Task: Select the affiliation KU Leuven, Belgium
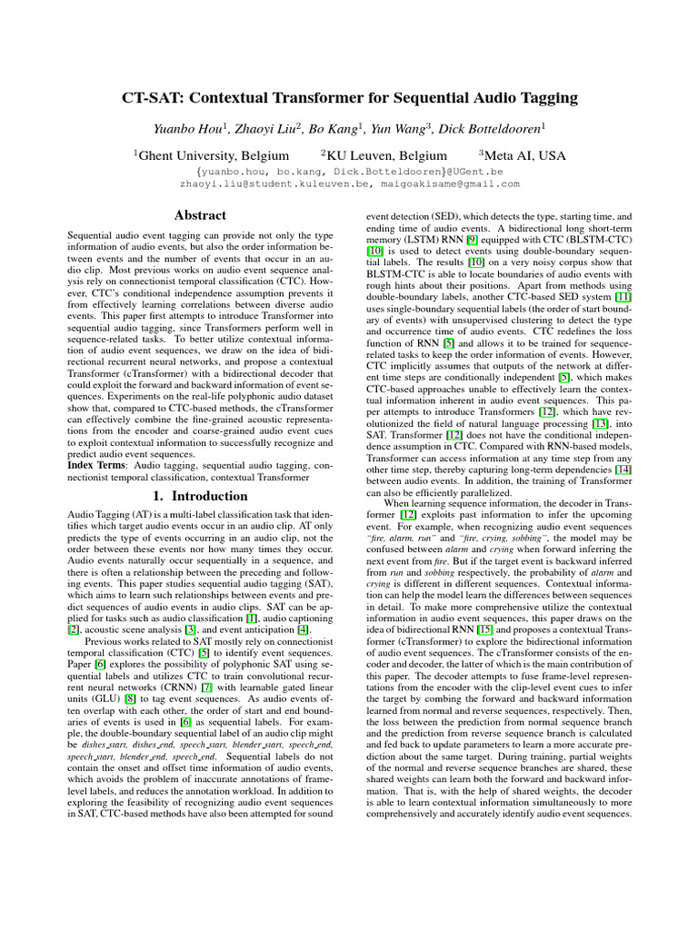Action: click(x=386, y=155)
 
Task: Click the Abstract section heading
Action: click(x=199, y=215)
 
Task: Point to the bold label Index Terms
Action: click(x=96, y=464)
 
